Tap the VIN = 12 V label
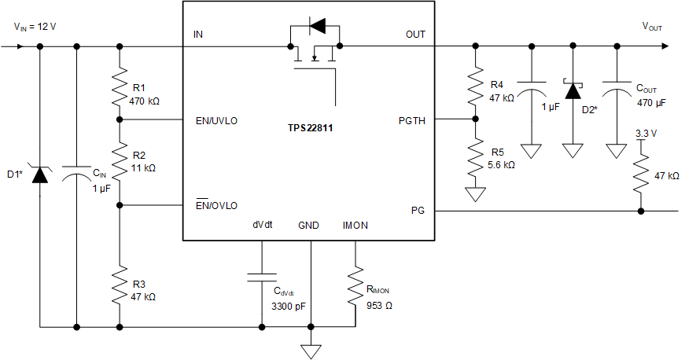pos(35,27)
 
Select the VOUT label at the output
pos(652,27)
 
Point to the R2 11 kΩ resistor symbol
pos(119,160)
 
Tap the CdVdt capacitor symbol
pos(261,276)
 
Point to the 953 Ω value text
pos(379,305)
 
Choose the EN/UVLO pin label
pos(216,121)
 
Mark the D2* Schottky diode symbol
pos(573,90)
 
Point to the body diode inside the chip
pos(316,27)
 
